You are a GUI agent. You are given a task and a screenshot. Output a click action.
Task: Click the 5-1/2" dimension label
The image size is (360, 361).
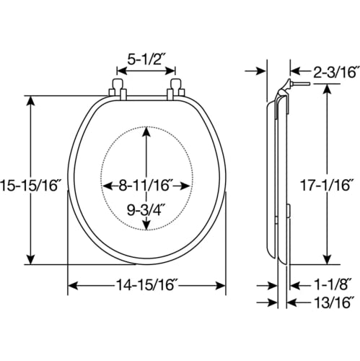pyautogui.click(x=146, y=59)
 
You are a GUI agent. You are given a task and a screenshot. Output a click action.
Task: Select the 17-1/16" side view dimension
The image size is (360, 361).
pyautogui.click(x=327, y=186)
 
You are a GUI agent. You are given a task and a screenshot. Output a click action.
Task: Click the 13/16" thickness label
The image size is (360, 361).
pyautogui.click(x=334, y=303)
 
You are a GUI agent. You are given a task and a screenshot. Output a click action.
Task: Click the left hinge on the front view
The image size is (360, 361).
pyautogui.click(x=118, y=89)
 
